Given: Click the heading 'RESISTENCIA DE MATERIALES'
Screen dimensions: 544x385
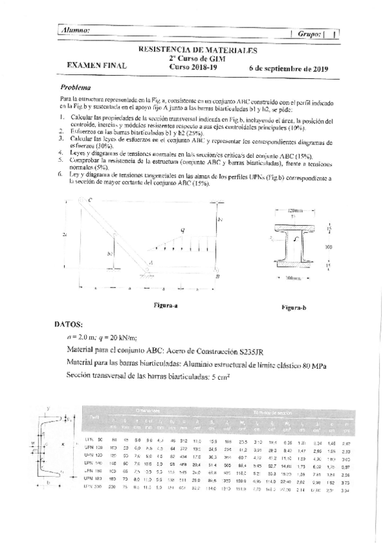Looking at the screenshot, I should [x=198, y=49].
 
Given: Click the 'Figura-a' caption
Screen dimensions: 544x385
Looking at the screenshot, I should [x=166, y=305].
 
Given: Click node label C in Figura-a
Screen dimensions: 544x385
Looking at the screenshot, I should [x=90, y=201].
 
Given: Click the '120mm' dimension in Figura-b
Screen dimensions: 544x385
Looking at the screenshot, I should [x=295, y=210].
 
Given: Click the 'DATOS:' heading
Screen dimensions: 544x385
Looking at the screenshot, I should [x=75, y=324].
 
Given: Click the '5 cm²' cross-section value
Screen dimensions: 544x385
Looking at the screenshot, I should [x=220, y=377].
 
